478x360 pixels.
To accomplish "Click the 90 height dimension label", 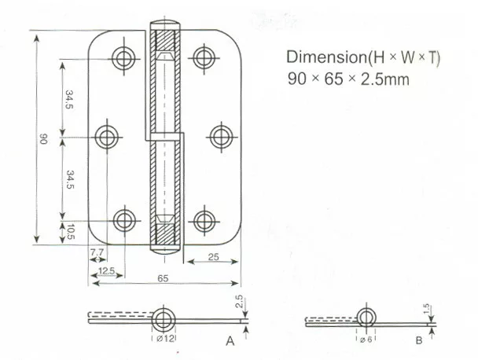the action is pos(43,138).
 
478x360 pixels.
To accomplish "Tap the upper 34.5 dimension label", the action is pos(69,99).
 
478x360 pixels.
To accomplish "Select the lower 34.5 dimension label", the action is pos(70,179).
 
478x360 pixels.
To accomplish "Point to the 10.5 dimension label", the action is pos(71,232).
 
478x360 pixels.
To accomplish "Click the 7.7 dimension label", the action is pos(97,252).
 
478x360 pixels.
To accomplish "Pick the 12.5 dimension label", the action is pos(107,270).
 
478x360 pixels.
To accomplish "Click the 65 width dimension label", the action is pos(163,278).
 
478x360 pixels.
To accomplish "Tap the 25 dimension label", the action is pos(213,257).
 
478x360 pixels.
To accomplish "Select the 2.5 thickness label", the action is pos(239,301).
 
